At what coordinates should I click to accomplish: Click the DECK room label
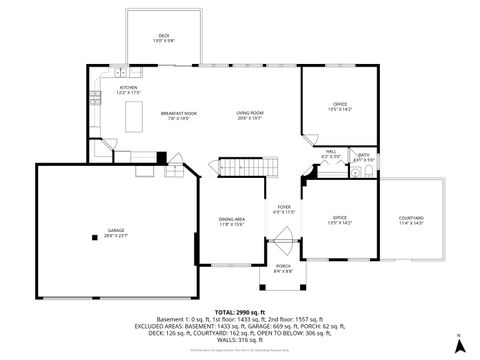(x=163, y=37)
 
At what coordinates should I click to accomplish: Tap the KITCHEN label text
(x=129, y=88)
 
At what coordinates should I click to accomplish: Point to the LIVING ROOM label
(x=249, y=114)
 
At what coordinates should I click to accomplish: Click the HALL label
(x=329, y=152)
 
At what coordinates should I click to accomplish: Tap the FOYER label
(x=284, y=207)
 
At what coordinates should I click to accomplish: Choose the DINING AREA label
(x=232, y=220)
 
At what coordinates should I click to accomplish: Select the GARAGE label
(x=115, y=231)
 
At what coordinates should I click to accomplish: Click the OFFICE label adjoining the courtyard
(x=339, y=218)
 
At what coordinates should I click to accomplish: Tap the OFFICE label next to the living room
(x=340, y=104)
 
